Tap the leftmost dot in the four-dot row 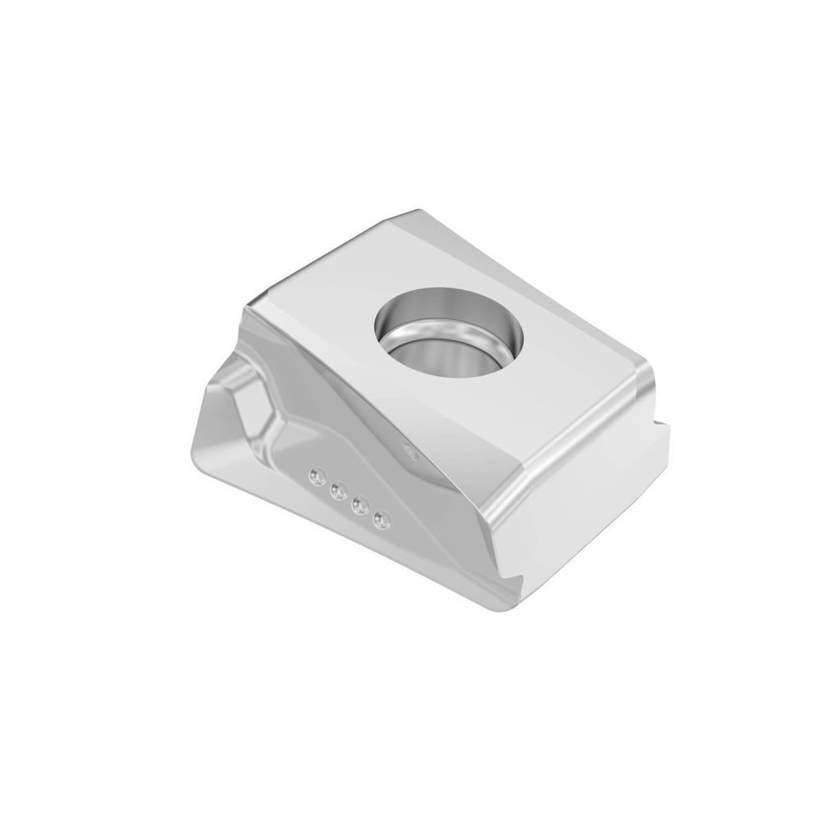coord(315,475)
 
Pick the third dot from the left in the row coord(358,506)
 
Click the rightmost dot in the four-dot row coord(380,520)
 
